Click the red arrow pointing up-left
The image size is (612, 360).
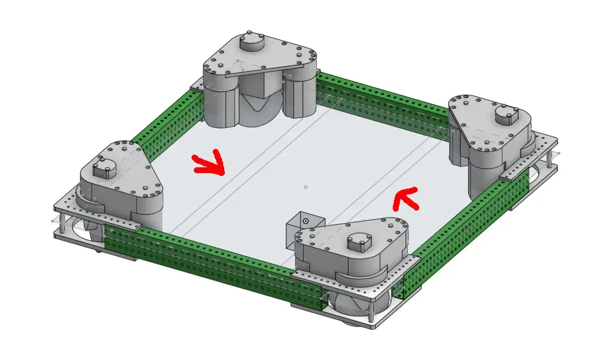pyautogui.click(x=406, y=198)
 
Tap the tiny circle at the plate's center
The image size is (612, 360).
pyautogui.click(x=305, y=187)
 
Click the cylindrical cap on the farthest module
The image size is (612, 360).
pyautogui.click(x=251, y=42)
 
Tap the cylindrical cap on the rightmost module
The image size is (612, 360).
pyautogui.click(x=506, y=115)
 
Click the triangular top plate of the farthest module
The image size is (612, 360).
pyautogui.click(x=259, y=58)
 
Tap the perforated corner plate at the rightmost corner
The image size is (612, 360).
pyautogui.click(x=544, y=147)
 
